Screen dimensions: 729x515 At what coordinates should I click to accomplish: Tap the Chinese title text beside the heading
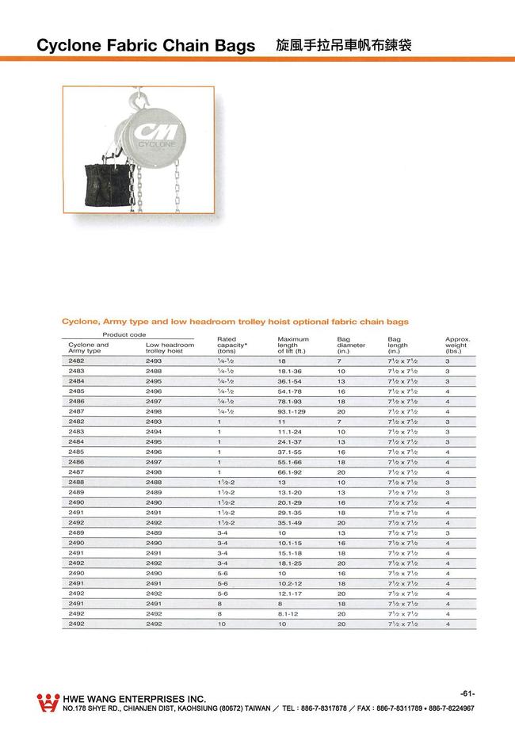click(342, 45)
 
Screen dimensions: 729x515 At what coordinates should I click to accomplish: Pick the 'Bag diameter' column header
click(351, 345)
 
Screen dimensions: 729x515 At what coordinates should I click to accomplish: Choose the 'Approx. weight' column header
click(458, 345)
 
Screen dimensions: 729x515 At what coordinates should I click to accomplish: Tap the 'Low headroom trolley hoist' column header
click(170, 348)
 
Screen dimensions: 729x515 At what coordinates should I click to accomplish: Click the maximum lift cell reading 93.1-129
click(292, 411)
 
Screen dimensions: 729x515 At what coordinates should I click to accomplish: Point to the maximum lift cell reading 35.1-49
click(291, 523)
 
